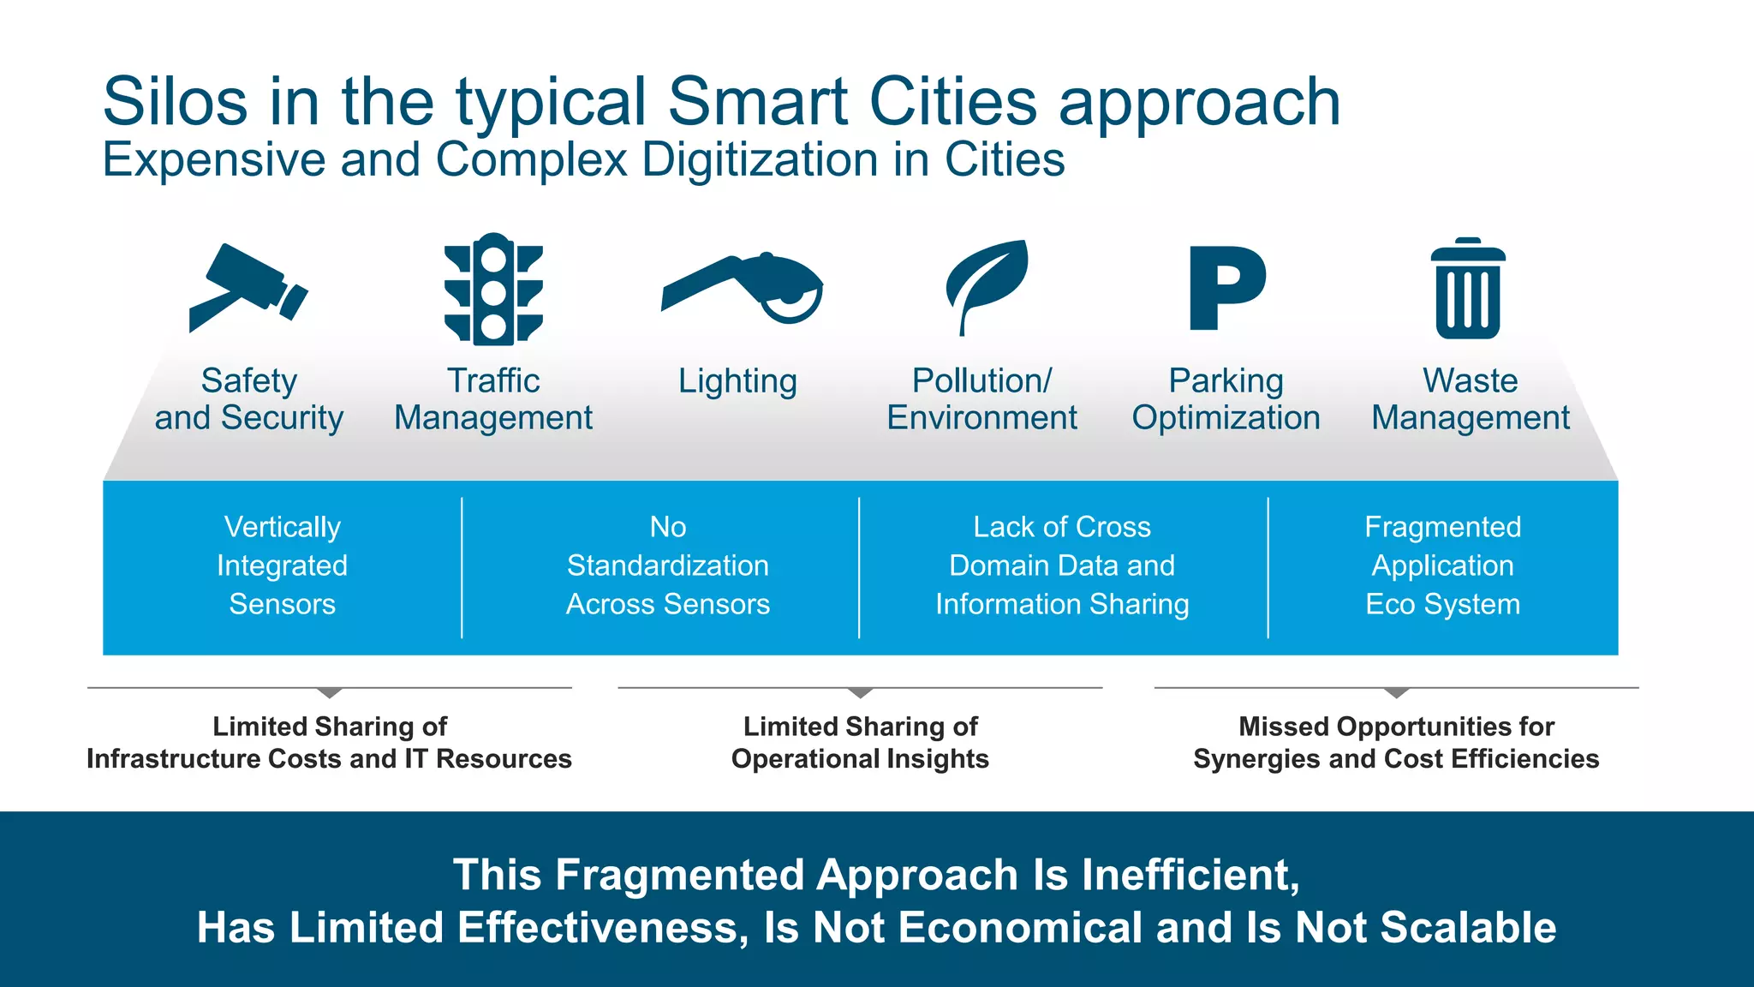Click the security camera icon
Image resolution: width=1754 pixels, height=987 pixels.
pyautogui.click(x=247, y=287)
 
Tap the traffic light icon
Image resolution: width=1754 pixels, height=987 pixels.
pyautogui.click(x=493, y=290)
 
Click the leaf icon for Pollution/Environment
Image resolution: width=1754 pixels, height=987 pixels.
pyautogui.click(x=987, y=284)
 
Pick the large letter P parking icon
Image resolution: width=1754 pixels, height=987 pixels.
pyautogui.click(x=1226, y=288)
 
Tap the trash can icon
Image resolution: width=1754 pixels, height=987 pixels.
pyautogui.click(x=1468, y=290)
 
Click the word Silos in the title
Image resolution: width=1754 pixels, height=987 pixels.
pyautogui.click(x=175, y=101)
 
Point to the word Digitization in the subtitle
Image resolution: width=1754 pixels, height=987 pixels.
pyautogui.click(x=761, y=160)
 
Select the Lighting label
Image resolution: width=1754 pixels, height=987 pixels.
pyautogui.click(x=737, y=381)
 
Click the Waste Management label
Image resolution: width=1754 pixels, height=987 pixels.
pyautogui.click(x=1470, y=399)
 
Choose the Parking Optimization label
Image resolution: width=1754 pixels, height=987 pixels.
pyautogui.click(x=1226, y=399)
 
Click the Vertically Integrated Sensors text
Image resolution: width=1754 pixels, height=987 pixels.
pyautogui.click(x=282, y=565)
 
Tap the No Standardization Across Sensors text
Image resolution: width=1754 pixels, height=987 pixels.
pyautogui.click(x=667, y=565)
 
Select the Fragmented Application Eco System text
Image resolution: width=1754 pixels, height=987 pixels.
pyautogui.click(x=1442, y=565)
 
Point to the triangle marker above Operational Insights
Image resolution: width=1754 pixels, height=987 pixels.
pyautogui.click(x=860, y=692)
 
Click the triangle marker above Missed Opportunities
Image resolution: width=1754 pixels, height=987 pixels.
pyautogui.click(x=1396, y=692)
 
